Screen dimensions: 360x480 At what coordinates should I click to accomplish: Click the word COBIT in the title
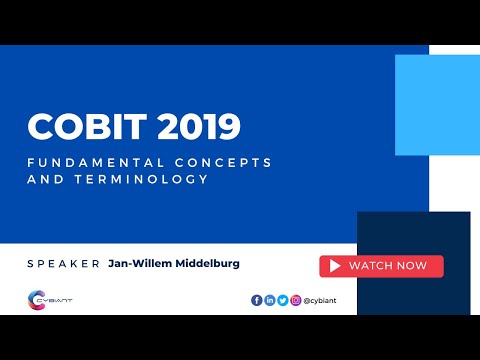click(81, 127)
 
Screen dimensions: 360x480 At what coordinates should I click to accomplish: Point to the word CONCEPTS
click(220, 162)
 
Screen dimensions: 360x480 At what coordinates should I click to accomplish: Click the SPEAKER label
click(64, 264)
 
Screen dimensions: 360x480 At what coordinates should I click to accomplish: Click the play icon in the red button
click(335, 266)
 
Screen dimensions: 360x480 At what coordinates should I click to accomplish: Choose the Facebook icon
click(257, 300)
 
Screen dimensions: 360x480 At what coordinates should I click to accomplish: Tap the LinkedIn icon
click(270, 300)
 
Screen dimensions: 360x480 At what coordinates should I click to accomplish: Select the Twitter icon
click(283, 300)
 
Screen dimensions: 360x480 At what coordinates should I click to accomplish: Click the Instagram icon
click(296, 300)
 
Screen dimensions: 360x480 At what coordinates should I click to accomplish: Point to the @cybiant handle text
click(322, 300)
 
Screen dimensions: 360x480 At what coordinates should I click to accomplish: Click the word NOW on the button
click(411, 266)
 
